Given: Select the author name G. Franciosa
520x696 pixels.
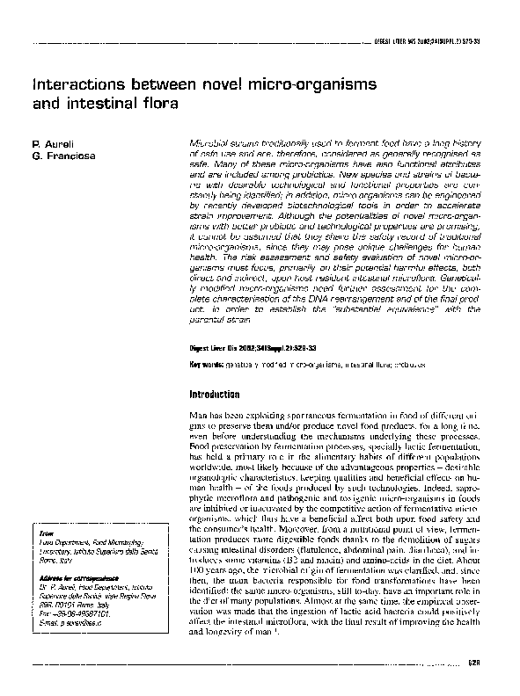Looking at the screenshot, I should point(59,156).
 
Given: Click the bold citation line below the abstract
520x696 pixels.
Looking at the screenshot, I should point(247,349).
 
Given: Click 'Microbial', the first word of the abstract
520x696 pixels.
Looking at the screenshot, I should point(208,141).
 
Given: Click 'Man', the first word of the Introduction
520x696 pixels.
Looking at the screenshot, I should point(198,412).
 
